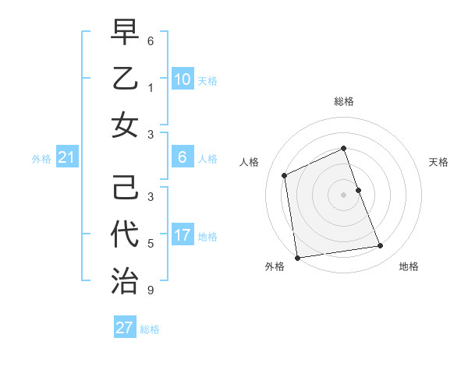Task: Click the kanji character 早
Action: (x=125, y=32)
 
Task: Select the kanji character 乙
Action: (x=125, y=78)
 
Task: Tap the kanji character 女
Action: (x=125, y=125)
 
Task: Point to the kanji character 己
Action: (x=125, y=188)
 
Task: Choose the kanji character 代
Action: (x=125, y=234)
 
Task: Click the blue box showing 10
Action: (x=182, y=79)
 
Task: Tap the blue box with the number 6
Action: (x=182, y=157)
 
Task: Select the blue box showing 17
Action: (x=182, y=235)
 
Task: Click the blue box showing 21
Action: (x=67, y=158)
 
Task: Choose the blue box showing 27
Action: (x=125, y=328)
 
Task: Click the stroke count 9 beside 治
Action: (x=151, y=291)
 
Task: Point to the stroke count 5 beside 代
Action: (x=151, y=244)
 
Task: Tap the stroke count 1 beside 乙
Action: (x=151, y=88)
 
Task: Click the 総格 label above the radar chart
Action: (x=344, y=101)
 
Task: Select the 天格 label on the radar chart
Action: (x=438, y=162)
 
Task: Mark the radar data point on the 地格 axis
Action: (x=381, y=246)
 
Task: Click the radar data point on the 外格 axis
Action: (x=297, y=257)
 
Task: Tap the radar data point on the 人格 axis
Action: (x=285, y=175)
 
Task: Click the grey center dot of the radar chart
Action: (x=344, y=194)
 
